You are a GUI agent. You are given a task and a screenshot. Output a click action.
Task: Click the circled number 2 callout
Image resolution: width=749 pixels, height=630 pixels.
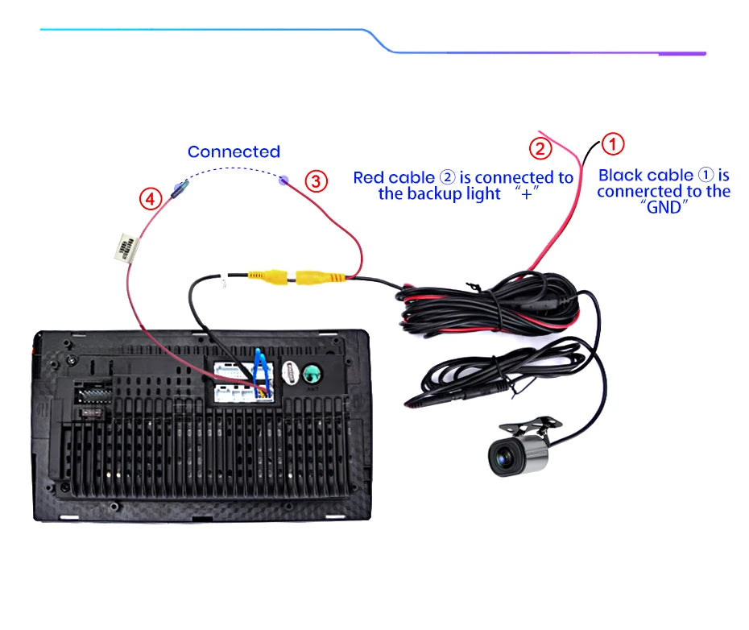tap(540, 148)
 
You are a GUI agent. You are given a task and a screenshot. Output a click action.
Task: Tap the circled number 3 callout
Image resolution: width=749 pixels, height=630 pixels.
tap(317, 180)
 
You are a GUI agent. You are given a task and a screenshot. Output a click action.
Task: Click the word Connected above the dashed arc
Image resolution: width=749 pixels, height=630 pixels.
tap(234, 151)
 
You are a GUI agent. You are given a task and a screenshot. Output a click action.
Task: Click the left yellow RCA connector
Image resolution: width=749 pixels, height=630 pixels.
tap(265, 276)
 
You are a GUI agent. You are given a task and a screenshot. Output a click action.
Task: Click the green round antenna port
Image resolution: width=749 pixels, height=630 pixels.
tap(312, 374)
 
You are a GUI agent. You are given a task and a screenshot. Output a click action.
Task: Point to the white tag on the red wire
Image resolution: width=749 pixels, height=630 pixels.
tap(126, 247)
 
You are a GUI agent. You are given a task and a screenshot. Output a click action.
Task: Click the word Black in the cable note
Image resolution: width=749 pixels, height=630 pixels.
tap(622, 175)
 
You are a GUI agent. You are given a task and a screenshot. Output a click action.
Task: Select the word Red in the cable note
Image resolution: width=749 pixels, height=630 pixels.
tap(369, 177)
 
